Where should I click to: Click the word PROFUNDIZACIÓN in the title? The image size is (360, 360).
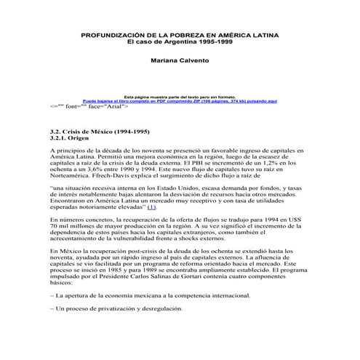point(113,34)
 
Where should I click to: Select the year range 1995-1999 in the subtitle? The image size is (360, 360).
point(219,41)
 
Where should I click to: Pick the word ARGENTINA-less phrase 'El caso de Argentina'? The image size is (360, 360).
point(159,41)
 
